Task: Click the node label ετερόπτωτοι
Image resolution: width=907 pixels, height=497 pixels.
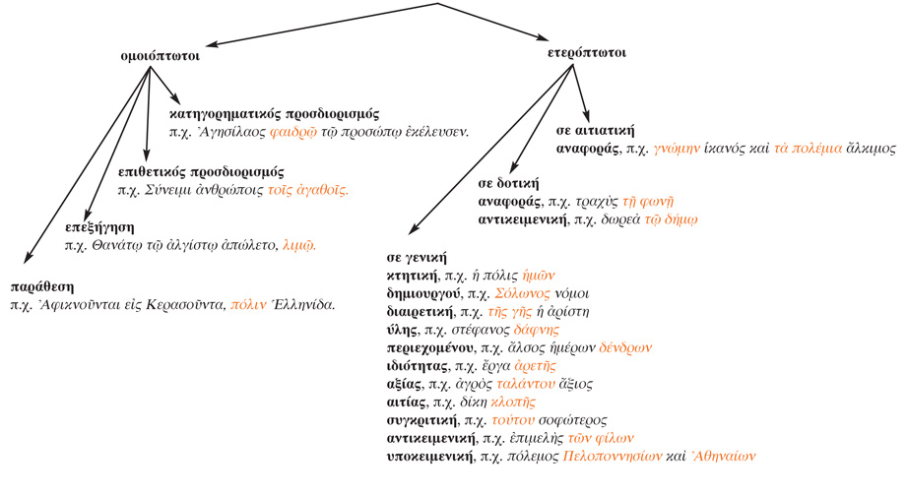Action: pyautogui.click(x=586, y=52)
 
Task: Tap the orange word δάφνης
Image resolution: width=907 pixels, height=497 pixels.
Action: pyautogui.click(x=509, y=330)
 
